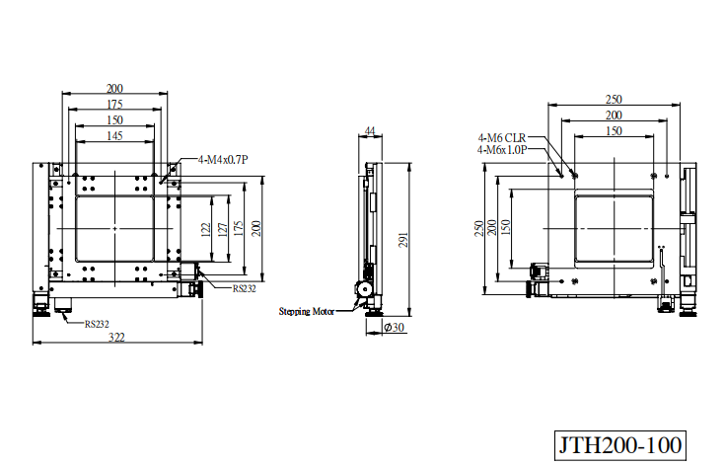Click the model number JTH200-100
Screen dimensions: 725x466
point(620,445)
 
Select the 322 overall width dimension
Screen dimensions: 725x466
point(116,337)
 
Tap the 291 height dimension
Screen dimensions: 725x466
point(403,239)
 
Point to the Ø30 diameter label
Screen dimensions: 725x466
point(394,327)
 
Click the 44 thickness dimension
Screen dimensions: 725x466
point(370,131)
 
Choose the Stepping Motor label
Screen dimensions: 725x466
point(306,311)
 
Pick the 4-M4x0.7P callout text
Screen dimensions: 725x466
point(223,160)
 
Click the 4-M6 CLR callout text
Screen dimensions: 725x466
point(502,138)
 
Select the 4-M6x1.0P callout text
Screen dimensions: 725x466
point(502,149)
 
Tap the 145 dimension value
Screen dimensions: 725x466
point(114,135)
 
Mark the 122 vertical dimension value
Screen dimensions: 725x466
point(206,229)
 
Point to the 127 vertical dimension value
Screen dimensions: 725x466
point(222,229)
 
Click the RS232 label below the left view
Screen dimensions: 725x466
point(97,324)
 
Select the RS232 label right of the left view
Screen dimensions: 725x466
point(245,288)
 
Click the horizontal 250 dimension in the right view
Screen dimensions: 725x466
point(614,99)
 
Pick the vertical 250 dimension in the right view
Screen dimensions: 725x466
point(479,229)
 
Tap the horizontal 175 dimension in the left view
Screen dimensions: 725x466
point(114,104)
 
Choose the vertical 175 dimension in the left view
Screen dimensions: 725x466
point(239,229)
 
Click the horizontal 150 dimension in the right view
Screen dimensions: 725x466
point(614,131)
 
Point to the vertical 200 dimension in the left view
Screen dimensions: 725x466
point(256,229)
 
